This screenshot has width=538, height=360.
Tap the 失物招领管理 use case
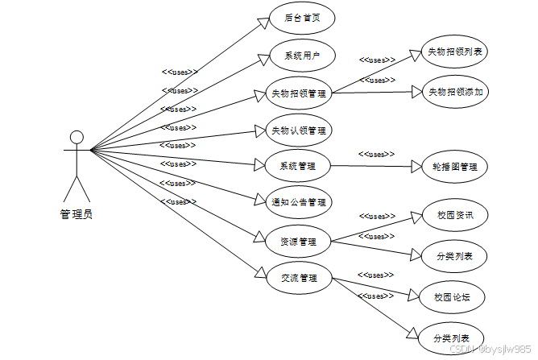point(298,93)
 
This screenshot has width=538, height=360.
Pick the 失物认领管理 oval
point(298,130)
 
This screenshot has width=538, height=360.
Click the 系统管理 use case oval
point(298,166)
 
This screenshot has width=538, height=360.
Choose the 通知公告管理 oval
point(298,202)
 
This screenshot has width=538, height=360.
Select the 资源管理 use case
point(298,241)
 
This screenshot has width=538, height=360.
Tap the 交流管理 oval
point(298,279)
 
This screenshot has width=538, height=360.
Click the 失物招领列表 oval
point(455,52)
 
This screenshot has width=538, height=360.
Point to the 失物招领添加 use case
point(455,91)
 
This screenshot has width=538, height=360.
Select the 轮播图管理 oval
point(455,167)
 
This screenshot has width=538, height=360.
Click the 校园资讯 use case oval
point(455,216)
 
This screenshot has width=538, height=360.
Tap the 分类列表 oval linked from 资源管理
point(455,257)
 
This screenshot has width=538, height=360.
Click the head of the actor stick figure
point(77,136)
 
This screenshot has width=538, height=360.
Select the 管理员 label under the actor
point(77,214)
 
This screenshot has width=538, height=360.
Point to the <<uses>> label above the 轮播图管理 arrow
point(376,154)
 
